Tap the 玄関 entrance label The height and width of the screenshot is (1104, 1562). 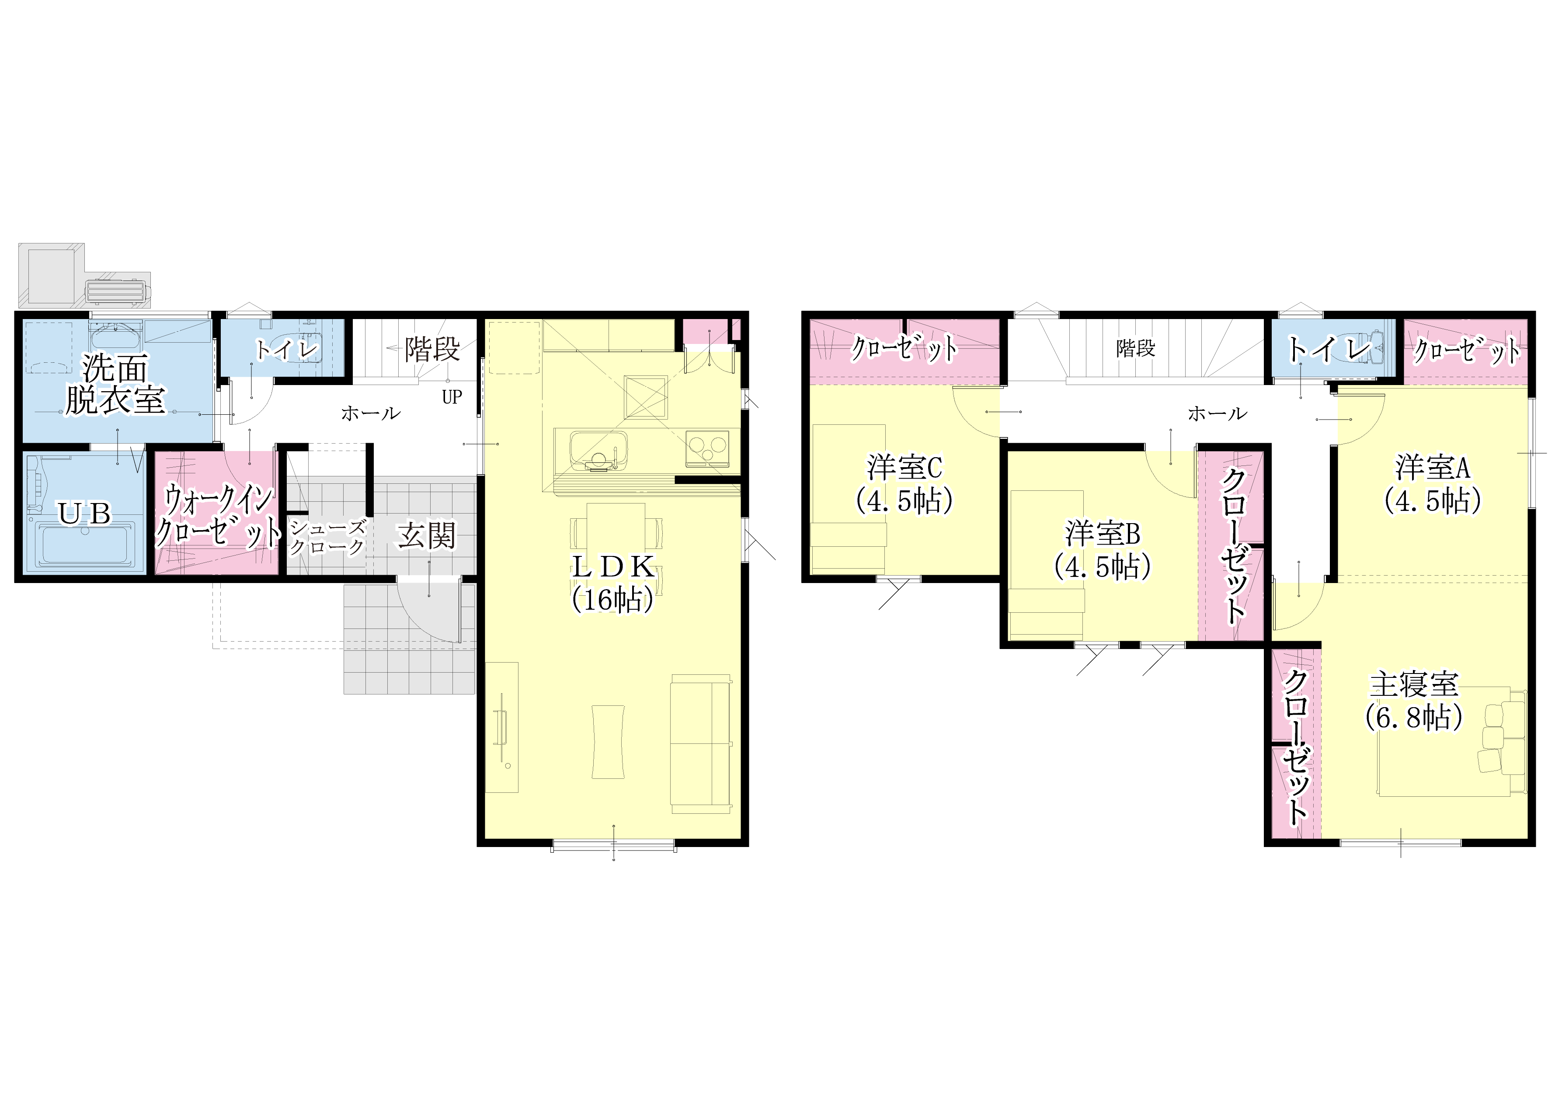(427, 536)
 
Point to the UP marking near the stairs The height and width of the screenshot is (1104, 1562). (452, 397)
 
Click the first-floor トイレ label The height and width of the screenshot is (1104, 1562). (286, 350)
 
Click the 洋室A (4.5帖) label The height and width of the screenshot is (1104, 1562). (1432, 484)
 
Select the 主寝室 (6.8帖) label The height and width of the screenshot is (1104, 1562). (1414, 701)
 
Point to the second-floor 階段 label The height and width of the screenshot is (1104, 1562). (1135, 349)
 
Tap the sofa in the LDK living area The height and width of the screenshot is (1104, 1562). (701, 744)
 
